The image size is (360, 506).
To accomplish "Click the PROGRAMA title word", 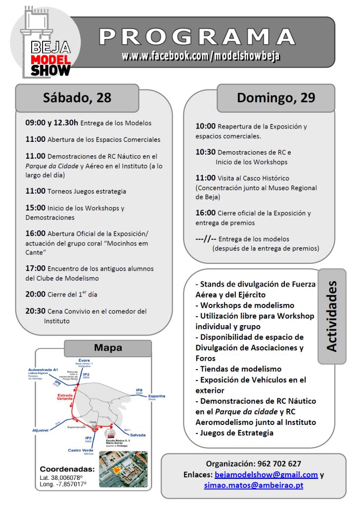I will click(197, 38).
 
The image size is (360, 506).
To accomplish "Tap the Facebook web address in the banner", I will click(201, 56).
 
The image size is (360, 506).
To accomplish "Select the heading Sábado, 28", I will click(77, 97).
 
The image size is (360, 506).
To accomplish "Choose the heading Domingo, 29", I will click(275, 97).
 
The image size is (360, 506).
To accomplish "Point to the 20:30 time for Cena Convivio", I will click(36, 311).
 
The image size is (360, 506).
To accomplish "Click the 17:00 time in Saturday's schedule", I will click(36, 268).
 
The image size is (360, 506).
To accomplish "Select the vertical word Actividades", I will click(331, 316).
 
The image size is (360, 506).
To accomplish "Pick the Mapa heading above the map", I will click(108, 348).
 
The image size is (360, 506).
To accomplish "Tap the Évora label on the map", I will click(84, 360).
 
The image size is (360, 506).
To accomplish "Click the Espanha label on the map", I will click(156, 396).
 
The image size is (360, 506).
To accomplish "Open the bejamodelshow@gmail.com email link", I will click(266, 474).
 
